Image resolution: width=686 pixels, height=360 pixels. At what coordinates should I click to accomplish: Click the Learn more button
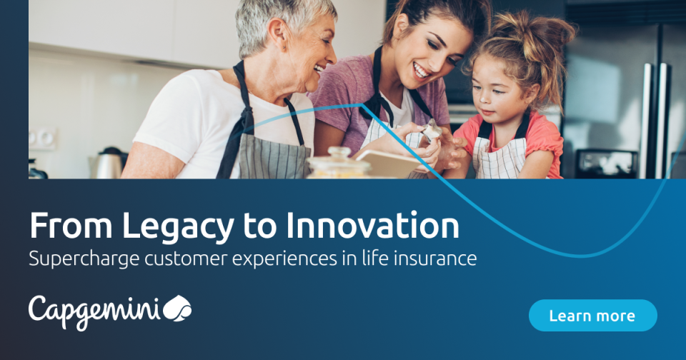coord(592,315)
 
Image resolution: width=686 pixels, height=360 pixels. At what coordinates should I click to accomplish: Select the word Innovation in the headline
coord(373,226)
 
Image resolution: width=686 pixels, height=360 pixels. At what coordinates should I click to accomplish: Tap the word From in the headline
coord(71,226)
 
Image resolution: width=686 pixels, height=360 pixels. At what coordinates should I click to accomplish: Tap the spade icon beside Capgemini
coord(178,309)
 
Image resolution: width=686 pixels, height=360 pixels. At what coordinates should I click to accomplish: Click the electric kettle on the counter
coord(109,164)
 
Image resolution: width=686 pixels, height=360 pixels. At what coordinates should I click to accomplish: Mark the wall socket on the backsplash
coord(43,138)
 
